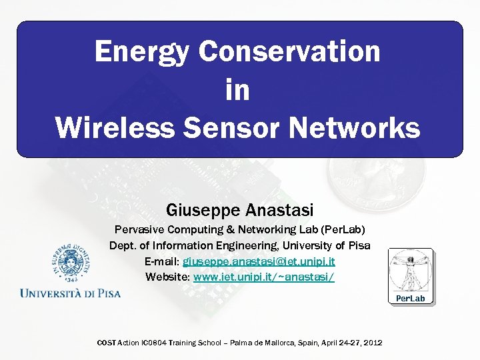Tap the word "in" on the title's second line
pyautogui.click(x=237, y=89)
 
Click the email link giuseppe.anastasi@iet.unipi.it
pyautogui.click(x=259, y=261)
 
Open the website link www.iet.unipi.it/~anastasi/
pyautogui.click(x=263, y=276)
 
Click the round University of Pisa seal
pyautogui.click(x=69, y=264)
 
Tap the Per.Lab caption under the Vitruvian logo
pyautogui.click(x=410, y=298)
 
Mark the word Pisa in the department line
pyautogui.click(x=358, y=245)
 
